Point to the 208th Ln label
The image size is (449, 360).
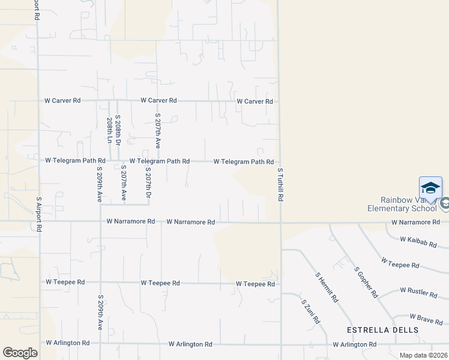110,130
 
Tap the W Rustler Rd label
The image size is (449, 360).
418,293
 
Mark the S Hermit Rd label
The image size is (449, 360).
327,287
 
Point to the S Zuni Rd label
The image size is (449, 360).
310,312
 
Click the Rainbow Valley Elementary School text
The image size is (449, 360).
409,205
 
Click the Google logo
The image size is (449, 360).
20,353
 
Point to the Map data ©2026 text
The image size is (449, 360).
423,355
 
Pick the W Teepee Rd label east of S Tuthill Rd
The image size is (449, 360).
400,265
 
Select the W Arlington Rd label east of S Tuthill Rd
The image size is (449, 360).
355,344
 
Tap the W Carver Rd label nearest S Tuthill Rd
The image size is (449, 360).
255,101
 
